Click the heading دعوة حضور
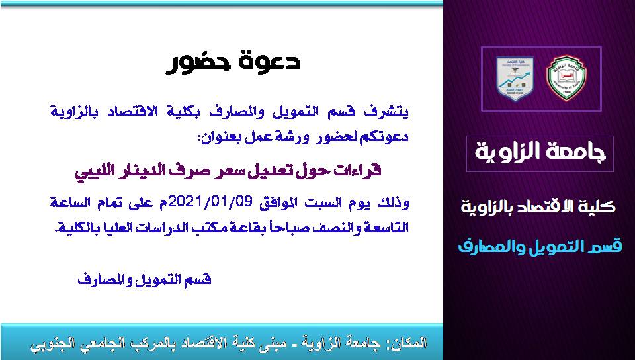233,62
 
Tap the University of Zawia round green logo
566,79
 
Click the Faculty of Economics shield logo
515,79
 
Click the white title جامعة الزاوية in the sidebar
540,152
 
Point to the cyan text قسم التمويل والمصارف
540,246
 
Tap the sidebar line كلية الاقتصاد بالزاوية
538,207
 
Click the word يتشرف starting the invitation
391,111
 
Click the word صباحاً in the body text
288,228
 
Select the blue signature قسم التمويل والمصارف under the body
145,279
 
